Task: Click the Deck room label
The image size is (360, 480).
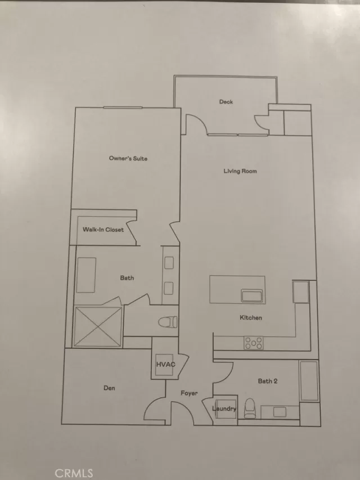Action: (226, 102)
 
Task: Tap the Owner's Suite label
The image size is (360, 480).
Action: (128, 159)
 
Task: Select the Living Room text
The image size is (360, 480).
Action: (240, 171)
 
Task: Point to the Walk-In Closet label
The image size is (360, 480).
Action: (103, 230)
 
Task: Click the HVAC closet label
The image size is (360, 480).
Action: (165, 365)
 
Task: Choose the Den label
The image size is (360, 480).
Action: (109, 388)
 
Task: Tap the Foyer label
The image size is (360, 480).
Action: (188, 393)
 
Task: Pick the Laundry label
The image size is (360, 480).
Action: (224, 409)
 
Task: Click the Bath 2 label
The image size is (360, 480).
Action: (268, 381)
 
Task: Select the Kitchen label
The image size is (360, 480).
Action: (251, 318)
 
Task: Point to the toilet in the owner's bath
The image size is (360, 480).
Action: (167, 322)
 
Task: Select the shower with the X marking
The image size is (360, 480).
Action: (98, 326)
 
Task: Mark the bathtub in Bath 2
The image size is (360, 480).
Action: (309, 381)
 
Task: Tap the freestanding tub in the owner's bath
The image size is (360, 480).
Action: (85, 275)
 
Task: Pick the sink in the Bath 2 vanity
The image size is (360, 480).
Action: (281, 411)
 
